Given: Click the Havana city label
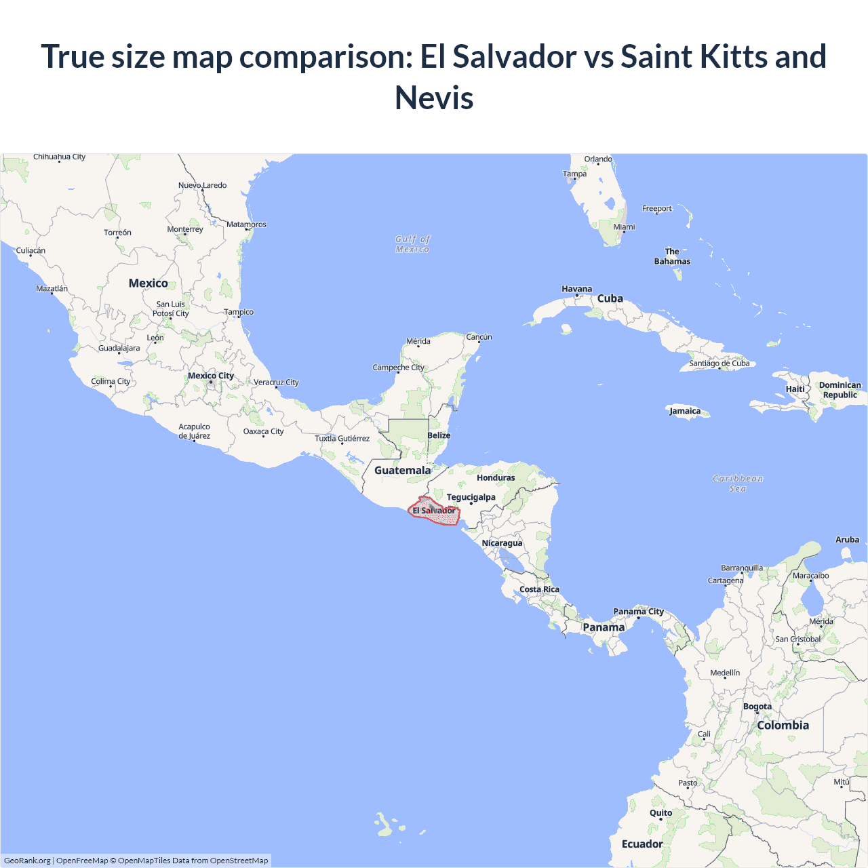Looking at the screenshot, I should [x=576, y=289].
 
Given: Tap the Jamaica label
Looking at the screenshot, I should [x=685, y=411].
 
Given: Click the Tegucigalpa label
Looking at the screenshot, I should [x=471, y=497].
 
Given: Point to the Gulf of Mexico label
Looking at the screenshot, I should [x=412, y=244].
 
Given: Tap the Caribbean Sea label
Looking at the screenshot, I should [x=738, y=484].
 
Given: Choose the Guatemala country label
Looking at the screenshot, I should [x=402, y=471].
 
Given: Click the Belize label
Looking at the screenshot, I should [x=439, y=435].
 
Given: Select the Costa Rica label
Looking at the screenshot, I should [x=539, y=589].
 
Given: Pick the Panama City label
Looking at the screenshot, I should [x=638, y=612].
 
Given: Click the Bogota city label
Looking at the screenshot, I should [x=757, y=707].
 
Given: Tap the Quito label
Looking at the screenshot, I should [x=660, y=813].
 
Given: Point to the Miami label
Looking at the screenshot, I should [x=624, y=227].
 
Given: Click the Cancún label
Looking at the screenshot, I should [x=479, y=337].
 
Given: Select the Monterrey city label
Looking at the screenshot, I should [x=185, y=229].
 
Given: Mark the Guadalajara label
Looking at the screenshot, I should [x=119, y=349].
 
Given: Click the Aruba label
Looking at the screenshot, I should [x=847, y=540].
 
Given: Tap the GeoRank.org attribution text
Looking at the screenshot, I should [x=27, y=861].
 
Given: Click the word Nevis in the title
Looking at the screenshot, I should [x=434, y=98].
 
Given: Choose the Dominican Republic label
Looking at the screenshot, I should [x=840, y=390].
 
